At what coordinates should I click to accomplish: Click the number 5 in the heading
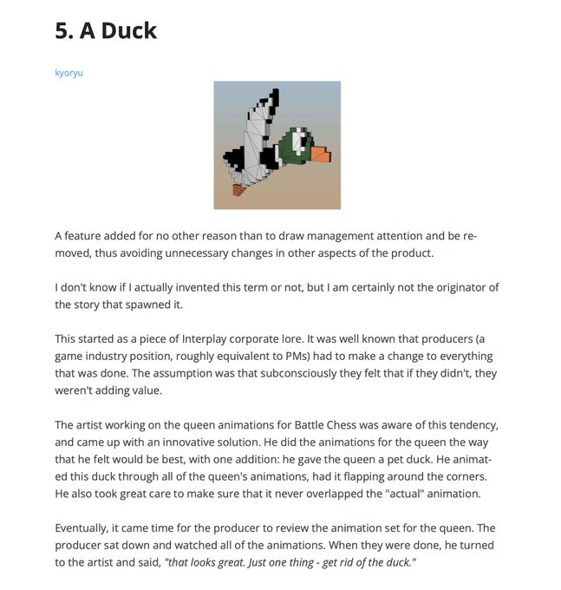[62, 31]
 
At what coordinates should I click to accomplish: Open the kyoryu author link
[68, 73]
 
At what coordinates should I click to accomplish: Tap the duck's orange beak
[320, 154]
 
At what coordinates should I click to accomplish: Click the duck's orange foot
[238, 188]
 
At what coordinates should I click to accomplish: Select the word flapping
[354, 476]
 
